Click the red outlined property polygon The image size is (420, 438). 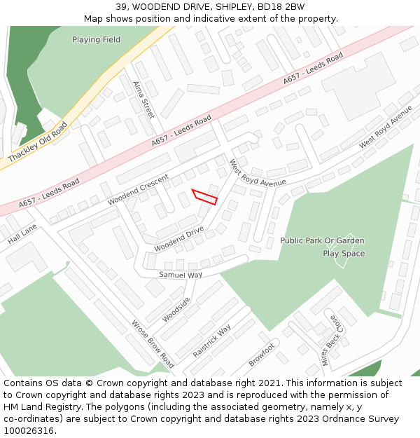click(x=205, y=197)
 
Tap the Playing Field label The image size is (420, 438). click(x=96, y=40)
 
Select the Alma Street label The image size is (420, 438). click(x=143, y=99)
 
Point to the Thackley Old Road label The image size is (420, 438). click(x=38, y=143)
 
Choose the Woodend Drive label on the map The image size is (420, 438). click(x=179, y=238)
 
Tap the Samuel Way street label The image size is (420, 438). click(x=180, y=275)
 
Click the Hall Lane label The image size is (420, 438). click(x=22, y=234)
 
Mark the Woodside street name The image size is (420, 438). click(x=176, y=309)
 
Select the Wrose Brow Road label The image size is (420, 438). click(x=153, y=344)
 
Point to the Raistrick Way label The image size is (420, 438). click(x=211, y=341)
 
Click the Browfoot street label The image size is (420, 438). click(x=262, y=355)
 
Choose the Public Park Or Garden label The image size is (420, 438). click(x=322, y=240)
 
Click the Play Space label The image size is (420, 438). click(x=343, y=253)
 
